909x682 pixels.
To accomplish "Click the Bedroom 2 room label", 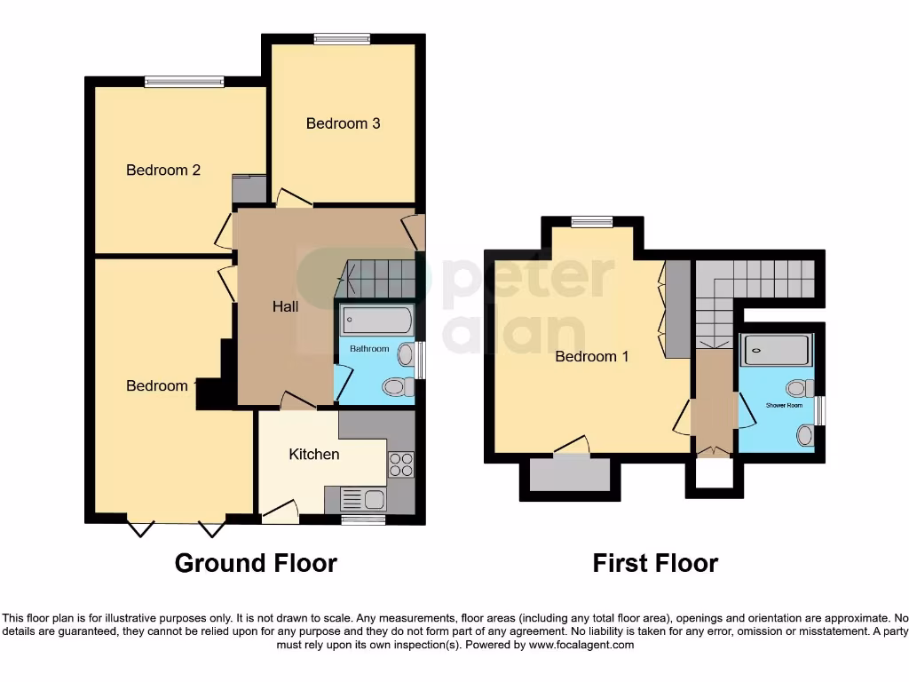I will [163, 170].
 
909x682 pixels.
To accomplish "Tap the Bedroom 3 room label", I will [343, 123].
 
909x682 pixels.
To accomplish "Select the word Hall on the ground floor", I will [285, 306].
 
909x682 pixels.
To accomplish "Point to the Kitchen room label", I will [314, 454].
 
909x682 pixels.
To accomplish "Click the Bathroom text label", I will [368, 349].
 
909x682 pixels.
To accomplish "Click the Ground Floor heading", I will [256, 563].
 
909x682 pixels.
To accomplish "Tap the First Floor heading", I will [655, 563].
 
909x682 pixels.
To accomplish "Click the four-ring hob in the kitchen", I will [400, 464].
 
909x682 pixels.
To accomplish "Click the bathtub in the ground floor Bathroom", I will [377, 320].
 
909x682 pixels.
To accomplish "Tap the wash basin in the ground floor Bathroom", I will [406, 355].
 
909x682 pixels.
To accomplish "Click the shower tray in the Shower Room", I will [777, 350].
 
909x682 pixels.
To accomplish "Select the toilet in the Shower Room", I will [797, 388].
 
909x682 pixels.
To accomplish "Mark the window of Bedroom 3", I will [342, 38].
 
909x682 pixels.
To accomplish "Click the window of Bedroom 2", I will [185, 82].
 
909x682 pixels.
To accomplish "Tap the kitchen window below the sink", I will [357, 519].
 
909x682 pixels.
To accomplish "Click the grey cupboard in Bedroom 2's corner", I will [249, 188].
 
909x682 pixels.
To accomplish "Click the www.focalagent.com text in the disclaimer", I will [582, 645].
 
